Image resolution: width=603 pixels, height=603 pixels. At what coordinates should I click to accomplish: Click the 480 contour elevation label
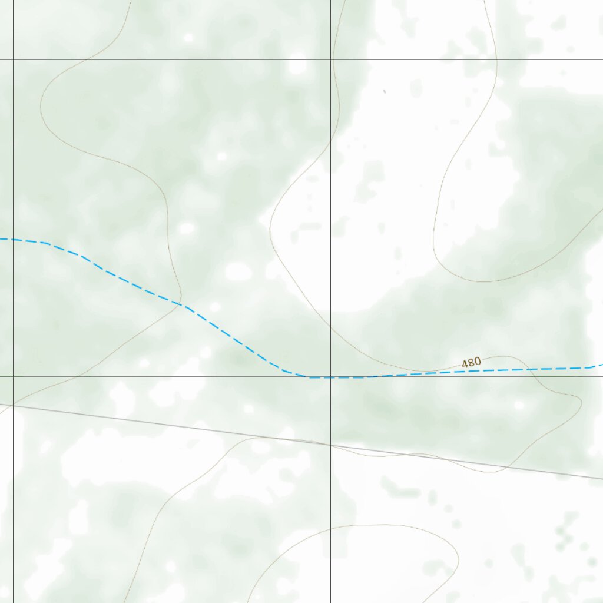tap(471, 363)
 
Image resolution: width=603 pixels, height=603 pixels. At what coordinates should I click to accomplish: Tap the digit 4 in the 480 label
tap(465, 364)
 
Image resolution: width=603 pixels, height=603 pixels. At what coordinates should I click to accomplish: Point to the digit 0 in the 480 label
tap(477, 362)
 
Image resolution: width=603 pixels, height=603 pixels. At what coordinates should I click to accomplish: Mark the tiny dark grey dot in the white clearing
tap(385, 91)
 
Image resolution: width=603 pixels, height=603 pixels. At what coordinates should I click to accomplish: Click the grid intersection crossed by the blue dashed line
tap(330, 377)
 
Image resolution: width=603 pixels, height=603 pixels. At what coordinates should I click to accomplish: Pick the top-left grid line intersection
tap(13, 59)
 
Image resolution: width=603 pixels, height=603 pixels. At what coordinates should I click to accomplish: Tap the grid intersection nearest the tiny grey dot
tap(330, 59)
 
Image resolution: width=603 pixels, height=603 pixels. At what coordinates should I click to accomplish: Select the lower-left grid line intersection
tap(13, 377)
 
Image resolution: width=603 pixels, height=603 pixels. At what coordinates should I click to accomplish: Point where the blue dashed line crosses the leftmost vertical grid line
tap(13, 240)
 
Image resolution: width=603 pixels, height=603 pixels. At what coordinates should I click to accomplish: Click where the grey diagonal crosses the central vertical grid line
tap(330, 445)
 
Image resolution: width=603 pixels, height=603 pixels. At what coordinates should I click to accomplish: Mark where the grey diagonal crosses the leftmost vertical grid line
tap(13, 406)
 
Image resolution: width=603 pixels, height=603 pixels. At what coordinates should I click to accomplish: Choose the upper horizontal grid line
tap(177, 59)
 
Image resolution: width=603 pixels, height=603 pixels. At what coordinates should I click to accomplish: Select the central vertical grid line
tap(330, 177)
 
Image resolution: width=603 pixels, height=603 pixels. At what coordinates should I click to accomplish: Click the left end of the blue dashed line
tap(2, 239)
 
